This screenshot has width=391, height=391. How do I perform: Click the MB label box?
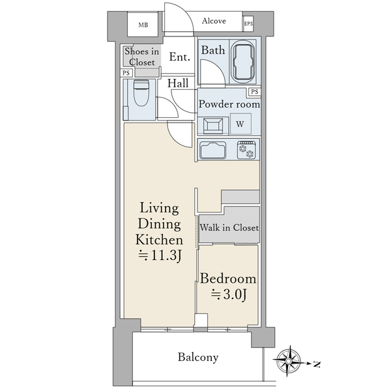(x=143, y=25)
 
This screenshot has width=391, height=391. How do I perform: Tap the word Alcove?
(x=214, y=21)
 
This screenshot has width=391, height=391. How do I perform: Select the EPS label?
(x=248, y=23)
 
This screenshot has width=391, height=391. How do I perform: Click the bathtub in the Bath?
(x=243, y=62)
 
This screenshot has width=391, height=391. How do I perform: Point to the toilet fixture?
(x=141, y=93)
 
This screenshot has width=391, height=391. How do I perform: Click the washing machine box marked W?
(x=240, y=124)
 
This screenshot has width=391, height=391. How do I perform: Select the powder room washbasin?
(x=213, y=126)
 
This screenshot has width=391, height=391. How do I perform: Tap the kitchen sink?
(x=213, y=150)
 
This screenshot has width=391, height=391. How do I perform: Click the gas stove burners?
(x=246, y=150)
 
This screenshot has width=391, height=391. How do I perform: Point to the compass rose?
(x=289, y=361)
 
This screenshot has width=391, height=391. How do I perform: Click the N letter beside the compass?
(x=317, y=364)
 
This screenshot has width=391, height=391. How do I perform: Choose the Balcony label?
(x=198, y=357)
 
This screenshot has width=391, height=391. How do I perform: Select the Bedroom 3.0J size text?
(x=229, y=295)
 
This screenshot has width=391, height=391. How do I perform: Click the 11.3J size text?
(x=160, y=255)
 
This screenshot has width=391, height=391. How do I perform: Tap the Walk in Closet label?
(x=229, y=227)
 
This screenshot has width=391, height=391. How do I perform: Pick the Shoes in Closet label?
(x=141, y=57)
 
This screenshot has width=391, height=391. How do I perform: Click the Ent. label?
(x=180, y=57)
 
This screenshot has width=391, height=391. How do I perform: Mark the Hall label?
(x=178, y=83)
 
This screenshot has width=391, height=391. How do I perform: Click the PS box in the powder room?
(x=255, y=92)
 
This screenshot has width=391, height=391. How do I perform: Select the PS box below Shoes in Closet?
(x=126, y=73)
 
